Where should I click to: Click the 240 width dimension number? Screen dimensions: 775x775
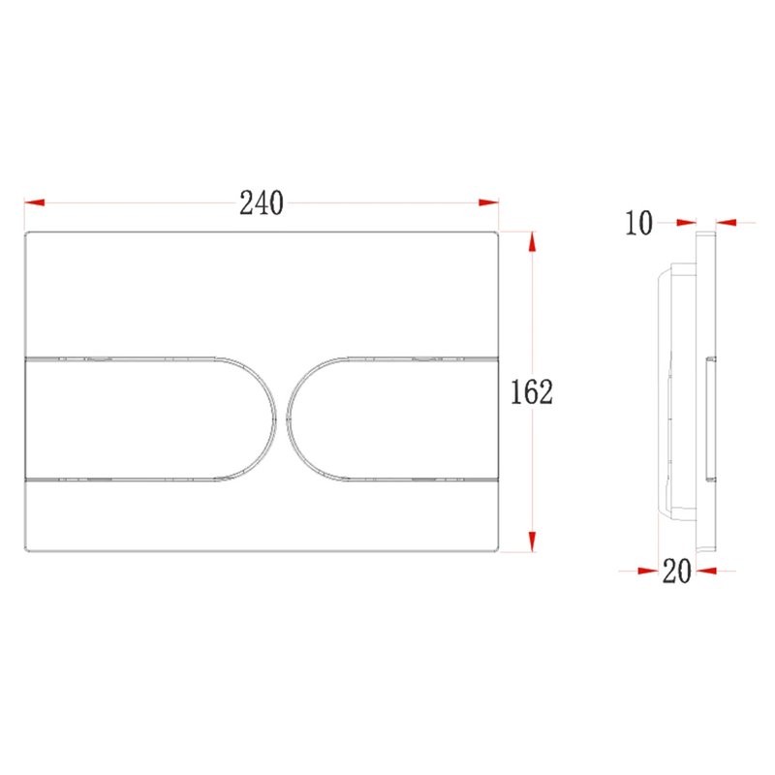[262, 202]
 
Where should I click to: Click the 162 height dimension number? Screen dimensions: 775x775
[531, 392]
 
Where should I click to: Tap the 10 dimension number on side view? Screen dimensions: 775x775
[639, 223]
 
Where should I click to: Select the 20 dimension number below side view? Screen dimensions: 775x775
[676, 571]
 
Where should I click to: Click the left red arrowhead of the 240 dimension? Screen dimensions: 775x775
[34, 202]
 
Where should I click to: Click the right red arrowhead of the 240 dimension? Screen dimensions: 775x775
[488, 202]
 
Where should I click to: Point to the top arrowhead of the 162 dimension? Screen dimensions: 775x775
[532, 241]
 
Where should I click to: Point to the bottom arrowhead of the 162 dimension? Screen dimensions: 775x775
[532, 542]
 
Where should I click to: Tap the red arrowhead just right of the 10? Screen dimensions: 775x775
[686, 223]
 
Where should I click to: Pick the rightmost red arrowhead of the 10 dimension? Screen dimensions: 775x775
[726, 223]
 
